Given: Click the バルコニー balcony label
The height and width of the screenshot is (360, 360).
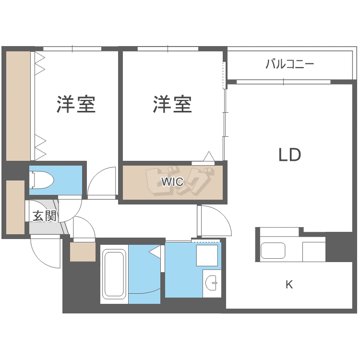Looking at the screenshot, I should coord(289,64).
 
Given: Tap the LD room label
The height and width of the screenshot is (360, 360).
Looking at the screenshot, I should coord(289,155).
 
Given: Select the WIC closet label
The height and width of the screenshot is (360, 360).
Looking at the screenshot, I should coord(171,182).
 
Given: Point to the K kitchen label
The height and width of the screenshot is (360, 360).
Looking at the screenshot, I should coord(289,285).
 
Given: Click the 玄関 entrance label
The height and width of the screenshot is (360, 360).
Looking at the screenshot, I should coord(44,216).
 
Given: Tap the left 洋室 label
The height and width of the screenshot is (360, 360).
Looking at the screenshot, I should coord(76,104).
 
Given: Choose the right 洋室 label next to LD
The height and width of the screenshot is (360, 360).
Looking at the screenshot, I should coord(172,104).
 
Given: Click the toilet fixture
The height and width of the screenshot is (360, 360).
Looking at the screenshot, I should coord(42,180).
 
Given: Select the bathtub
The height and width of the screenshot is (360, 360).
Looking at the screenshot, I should coord(114,274).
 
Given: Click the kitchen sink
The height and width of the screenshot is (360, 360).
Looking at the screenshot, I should coord(273,251).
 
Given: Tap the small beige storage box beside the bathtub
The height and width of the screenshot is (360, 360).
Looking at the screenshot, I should coord(83,252).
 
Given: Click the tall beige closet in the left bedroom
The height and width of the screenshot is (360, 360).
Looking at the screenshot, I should coord(18,106).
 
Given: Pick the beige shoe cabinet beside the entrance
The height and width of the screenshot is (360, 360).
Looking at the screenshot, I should coord(15,207).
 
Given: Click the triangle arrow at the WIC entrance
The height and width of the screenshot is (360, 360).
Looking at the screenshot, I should coord(209,156).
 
